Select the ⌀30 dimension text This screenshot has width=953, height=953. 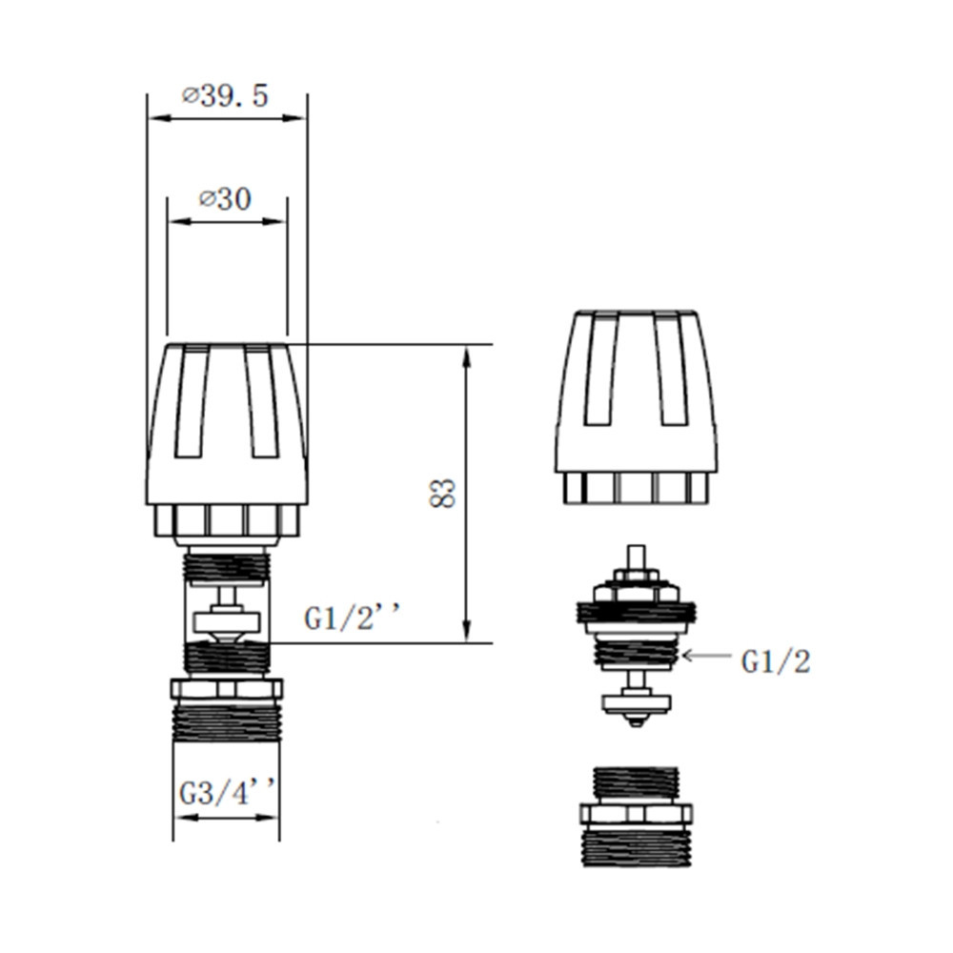coord(225,199)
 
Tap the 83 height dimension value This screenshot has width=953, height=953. coord(444,493)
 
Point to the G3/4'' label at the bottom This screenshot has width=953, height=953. coord(227,793)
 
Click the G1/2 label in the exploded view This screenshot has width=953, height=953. coord(775,661)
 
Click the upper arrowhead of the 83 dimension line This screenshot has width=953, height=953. coord(466,355)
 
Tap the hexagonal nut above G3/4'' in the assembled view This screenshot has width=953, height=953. coord(226,688)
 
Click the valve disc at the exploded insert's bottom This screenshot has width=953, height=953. coord(636,703)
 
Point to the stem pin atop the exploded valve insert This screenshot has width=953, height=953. coord(635,557)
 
